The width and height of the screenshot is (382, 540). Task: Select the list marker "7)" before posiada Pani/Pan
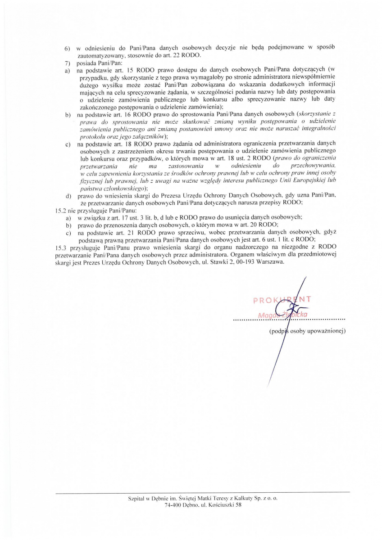pyautogui.click(x=68, y=63)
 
